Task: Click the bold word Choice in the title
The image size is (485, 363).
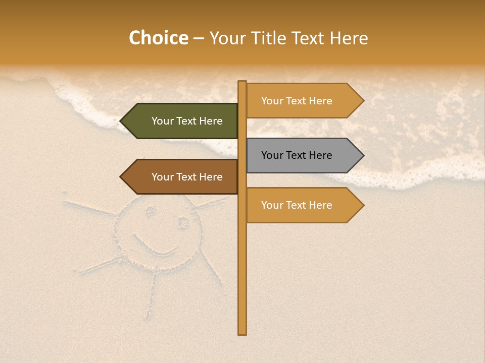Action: pyautogui.click(x=158, y=38)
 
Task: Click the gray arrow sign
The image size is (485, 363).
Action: pyautogui.click(x=303, y=155)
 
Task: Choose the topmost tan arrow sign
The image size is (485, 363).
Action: pyautogui.click(x=303, y=101)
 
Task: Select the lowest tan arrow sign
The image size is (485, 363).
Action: pyautogui.click(x=303, y=205)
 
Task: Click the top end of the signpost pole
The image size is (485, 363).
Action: pyautogui.click(x=243, y=83)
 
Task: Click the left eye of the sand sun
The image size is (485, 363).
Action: pyautogui.click(x=151, y=211)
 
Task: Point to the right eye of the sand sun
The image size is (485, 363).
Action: pyautogui.click(x=182, y=221)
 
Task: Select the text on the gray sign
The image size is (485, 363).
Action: pyautogui.click(x=297, y=155)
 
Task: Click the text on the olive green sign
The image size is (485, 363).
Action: pyautogui.click(x=187, y=121)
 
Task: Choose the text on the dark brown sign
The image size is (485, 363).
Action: pyautogui.click(x=187, y=177)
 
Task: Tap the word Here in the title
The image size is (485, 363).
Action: pyautogui.click(x=349, y=38)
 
